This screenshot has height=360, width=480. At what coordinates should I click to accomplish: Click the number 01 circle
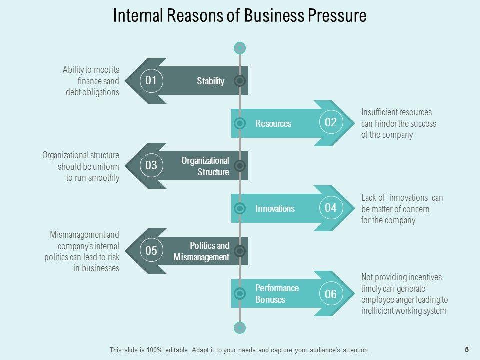point(151,80)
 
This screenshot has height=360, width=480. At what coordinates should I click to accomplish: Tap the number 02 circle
point(331,123)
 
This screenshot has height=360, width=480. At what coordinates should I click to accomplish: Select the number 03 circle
point(151,165)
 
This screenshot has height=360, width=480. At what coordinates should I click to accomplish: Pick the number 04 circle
point(331,208)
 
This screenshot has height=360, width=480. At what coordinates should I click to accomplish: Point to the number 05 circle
point(151,251)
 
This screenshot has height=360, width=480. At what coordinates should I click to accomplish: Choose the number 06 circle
point(331,294)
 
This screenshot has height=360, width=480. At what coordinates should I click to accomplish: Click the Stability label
point(210,81)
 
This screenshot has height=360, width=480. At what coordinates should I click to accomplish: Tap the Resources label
point(273,123)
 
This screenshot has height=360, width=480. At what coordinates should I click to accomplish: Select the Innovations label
point(275,208)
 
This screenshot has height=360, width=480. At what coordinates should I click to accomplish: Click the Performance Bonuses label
point(277,294)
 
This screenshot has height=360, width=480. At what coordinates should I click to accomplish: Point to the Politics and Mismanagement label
point(202,251)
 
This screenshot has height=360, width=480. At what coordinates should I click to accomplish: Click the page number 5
point(467,350)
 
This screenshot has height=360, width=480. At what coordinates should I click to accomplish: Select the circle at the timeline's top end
point(240,48)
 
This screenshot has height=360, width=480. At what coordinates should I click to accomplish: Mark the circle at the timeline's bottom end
point(240,328)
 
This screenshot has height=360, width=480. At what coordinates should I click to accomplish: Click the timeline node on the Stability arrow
point(240,81)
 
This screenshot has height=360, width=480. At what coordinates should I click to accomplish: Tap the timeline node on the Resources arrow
point(240,123)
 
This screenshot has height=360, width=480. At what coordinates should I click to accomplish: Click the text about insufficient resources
point(398,123)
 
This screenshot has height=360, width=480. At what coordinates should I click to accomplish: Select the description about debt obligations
point(91,81)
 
